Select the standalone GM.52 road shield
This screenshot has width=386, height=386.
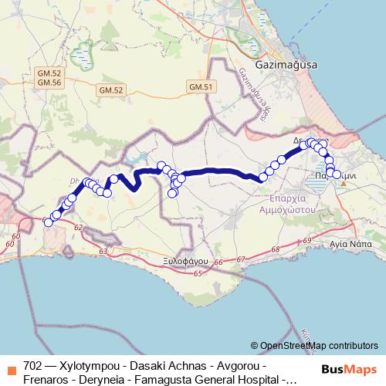coord(110,90)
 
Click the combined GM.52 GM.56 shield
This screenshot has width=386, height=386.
coord(49,77)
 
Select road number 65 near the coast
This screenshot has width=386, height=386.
coord(198,273)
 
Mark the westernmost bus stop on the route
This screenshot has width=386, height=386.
coord(48,222)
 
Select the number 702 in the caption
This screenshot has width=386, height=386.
coord(33,364)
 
